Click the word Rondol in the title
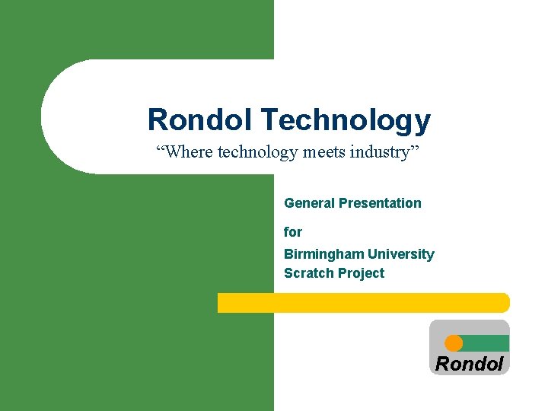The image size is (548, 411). [x=200, y=120]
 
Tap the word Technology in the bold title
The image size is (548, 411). [x=346, y=120]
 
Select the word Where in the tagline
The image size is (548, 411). [x=188, y=152]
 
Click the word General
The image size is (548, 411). [x=309, y=203]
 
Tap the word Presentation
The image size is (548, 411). [x=380, y=203]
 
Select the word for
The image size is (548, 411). [x=293, y=232]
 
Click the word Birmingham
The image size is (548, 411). [x=323, y=254]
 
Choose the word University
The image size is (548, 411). [x=401, y=254]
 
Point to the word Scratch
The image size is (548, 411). [x=306, y=273]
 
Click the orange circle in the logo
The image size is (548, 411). [x=454, y=343]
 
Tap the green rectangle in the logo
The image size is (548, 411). [x=486, y=343]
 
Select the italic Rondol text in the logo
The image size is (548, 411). [x=469, y=364]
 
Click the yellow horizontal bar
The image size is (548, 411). [x=363, y=303]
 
